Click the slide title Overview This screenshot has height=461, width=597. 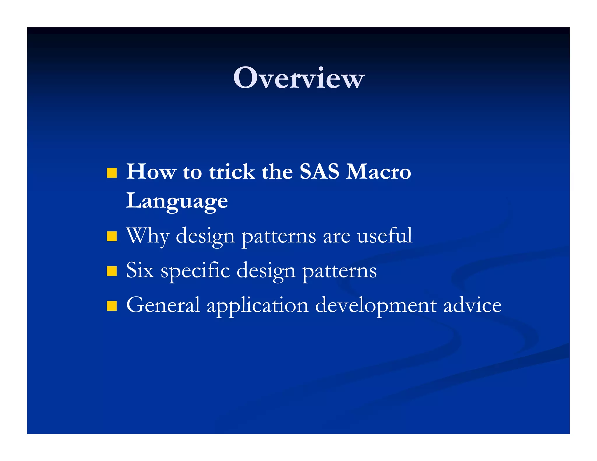[x=298, y=78]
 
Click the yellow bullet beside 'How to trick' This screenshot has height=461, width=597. [x=112, y=173]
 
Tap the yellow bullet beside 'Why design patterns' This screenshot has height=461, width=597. [x=112, y=236]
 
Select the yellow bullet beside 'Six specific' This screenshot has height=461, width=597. [x=112, y=271]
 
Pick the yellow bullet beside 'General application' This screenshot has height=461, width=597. [x=112, y=306]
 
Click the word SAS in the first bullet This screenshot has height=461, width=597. [x=319, y=171]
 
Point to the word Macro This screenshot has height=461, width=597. [x=378, y=171]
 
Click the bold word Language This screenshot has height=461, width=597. [x=177, y=201]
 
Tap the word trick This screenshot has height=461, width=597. [x=232, y=171]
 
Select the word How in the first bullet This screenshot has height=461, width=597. [x=151, y=171]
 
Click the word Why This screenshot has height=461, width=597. [x=148, y=236]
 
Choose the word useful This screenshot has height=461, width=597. [x=384, y=235]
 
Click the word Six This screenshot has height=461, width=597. [x=140, y=270]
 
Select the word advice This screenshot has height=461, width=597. [x=472, y=305]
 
